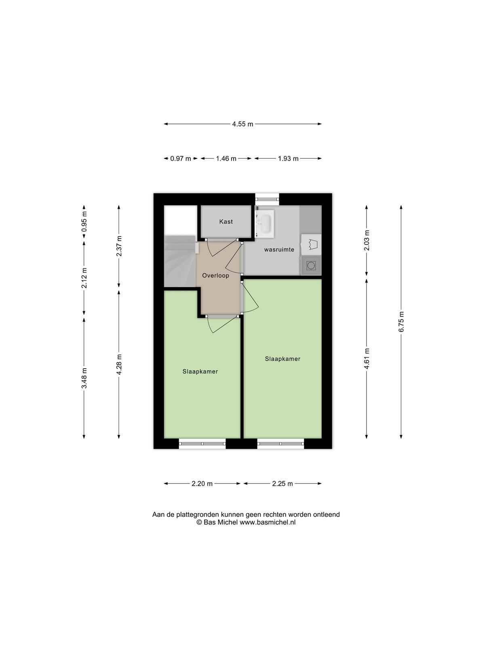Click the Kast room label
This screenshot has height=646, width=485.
pyautogui.click(x=226, y=221)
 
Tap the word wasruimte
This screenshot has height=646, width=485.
pyautogui.click(x=279, y=250)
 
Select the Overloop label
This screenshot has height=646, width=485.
pyautogui.click(x=215, y=275)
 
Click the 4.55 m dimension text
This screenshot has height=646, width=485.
pyautogui.click(x=242, y=124)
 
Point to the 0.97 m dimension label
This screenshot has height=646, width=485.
pyautogui.click(x=181, y=159)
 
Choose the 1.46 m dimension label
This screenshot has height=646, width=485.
pyautogui.click(x=226, y=159)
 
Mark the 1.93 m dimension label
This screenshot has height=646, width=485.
pyautogui.click(x=288, y=159)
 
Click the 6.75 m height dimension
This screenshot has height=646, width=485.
pyautogui.click(x=401, y=322)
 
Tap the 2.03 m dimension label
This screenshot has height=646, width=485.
pyautogui.click(x=367, y=241)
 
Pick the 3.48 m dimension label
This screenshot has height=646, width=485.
pyautogui.click(x=84, y=378)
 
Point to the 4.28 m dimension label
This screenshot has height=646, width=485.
pyautogui.click(x=119, y=364)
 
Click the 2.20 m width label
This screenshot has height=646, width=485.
pyautogui.click(x=202, y=484)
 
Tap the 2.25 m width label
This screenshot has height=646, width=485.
pyautogui.click(x=283, y=484)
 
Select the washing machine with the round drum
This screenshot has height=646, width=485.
pyautogui.click(x=311, y=265)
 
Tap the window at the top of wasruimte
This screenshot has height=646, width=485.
pyautogui.click(x=267, y=199)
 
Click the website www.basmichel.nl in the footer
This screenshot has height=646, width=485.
pyautogui.click(x=268, y=522)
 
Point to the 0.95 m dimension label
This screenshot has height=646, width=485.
pyautogui.click(x=84, y=221)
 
